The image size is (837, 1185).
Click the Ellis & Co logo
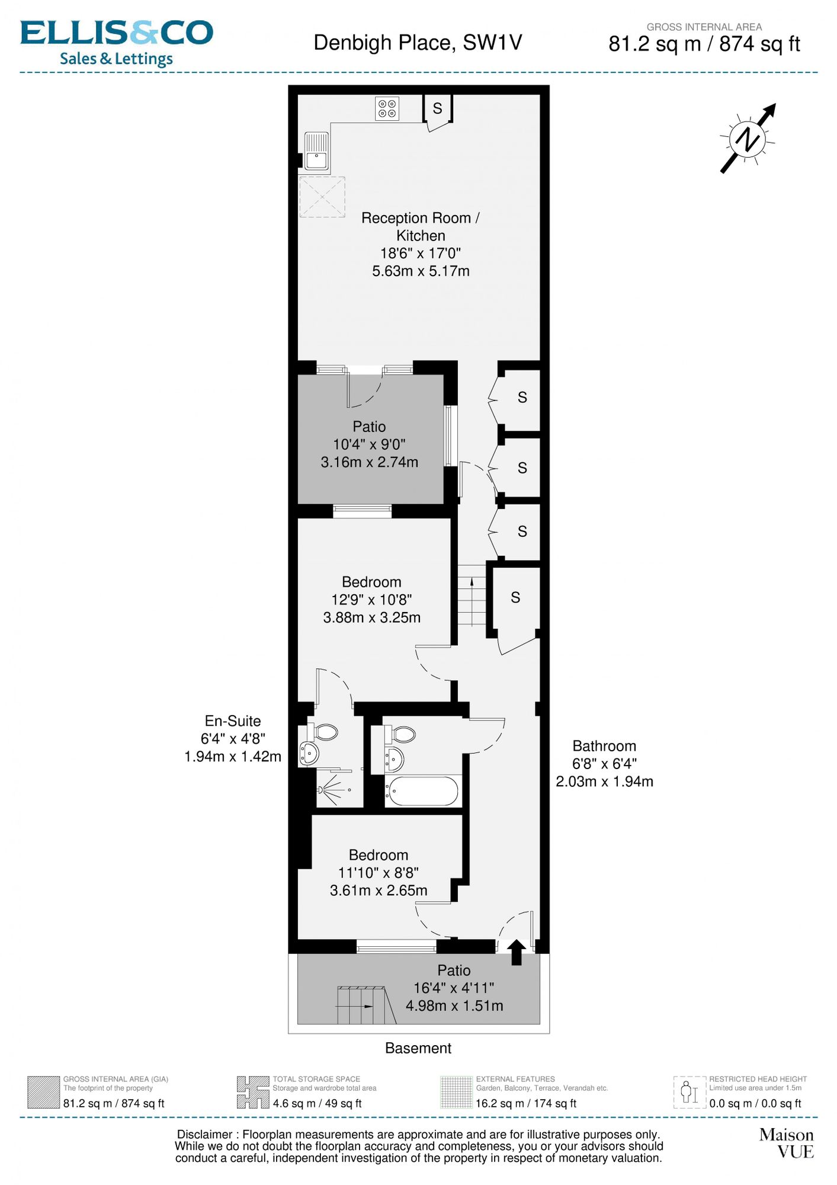coord(117,43)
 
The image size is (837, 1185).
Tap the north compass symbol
coord(748,139)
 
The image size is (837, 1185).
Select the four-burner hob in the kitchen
coord(387,108)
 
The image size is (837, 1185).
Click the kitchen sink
coord(316,151)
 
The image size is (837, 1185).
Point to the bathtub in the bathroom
coord(423,790)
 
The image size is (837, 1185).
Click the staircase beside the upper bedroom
coord(472,595)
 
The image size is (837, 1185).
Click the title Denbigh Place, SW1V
coord(418,43)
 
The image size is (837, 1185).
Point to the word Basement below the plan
coord(418,1048)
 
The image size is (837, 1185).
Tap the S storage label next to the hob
coord(438,108)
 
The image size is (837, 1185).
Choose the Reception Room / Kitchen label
coord(421,226)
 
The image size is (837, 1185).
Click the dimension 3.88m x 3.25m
coord(372,617)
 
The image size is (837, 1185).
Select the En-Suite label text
coord(233,721)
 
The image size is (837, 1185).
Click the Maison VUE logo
coord(787,1144)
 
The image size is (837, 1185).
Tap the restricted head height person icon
coord(690,1092)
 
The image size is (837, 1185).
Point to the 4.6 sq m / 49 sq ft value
coord(317,1103)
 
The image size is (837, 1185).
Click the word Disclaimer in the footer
coord(205,1135)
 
